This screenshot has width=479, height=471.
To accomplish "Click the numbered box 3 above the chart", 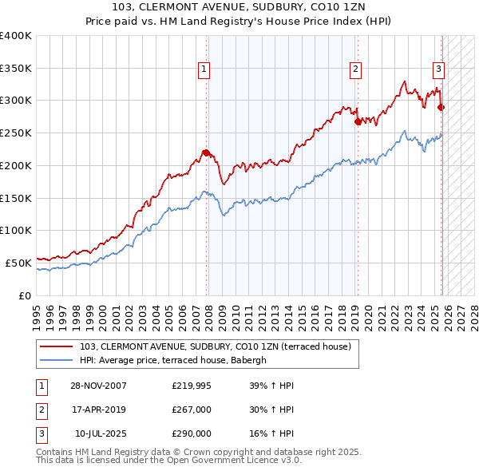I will pos(438,69).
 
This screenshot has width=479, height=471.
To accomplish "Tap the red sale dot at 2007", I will pos(206,152).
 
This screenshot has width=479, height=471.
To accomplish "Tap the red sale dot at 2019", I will pos(358,121).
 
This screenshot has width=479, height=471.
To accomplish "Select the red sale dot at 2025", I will pos(441,107).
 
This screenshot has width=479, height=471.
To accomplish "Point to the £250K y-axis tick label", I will pos(15,133).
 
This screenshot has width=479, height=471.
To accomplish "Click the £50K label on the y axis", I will pos(18,262).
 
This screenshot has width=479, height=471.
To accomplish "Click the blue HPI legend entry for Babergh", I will pos(176,360).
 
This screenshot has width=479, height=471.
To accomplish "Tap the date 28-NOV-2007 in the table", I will pos(98,386).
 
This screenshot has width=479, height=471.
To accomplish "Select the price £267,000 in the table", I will pos(192,410).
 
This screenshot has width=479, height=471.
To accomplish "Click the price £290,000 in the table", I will pos(192,433).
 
